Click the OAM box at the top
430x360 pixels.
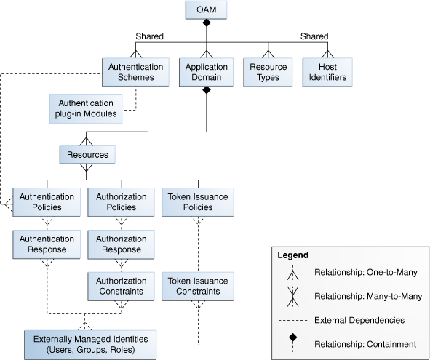(x=205, y=11)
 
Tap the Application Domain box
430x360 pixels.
(x=206, y=71)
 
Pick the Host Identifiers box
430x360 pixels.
(x=325, y=71)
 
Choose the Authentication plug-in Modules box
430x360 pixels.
(x=85, y=108)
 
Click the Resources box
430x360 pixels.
(x=87, y=155)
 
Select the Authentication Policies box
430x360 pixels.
(x=47, y=201)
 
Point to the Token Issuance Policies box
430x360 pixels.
(x=197, y=201)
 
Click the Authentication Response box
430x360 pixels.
(x=47, y=244)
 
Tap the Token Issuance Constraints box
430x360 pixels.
(x=197, y=286)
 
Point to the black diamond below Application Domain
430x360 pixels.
(x=206, y=91)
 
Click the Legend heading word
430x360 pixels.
(x=292, y=255)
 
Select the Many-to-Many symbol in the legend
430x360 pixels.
(x=290, y=297)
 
